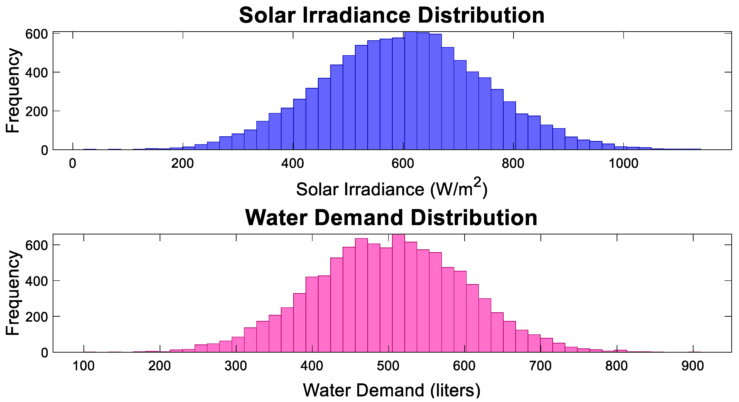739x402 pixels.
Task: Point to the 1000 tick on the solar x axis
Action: [623, 164]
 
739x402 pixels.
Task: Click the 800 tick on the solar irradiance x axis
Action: [513, 164]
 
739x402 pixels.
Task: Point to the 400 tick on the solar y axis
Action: [36, 72]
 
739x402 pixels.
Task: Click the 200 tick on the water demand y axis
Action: [36, 316]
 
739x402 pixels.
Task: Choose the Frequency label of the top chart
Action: [13, 91]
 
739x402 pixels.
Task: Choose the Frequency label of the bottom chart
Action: [13, 293]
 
